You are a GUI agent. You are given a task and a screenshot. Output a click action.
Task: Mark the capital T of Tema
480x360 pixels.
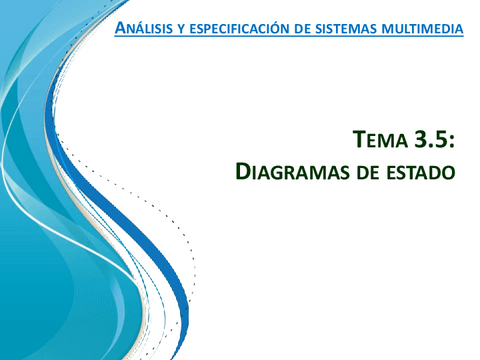click(361, 139)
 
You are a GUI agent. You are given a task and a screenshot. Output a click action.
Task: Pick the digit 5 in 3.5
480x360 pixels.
click(439, 139)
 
